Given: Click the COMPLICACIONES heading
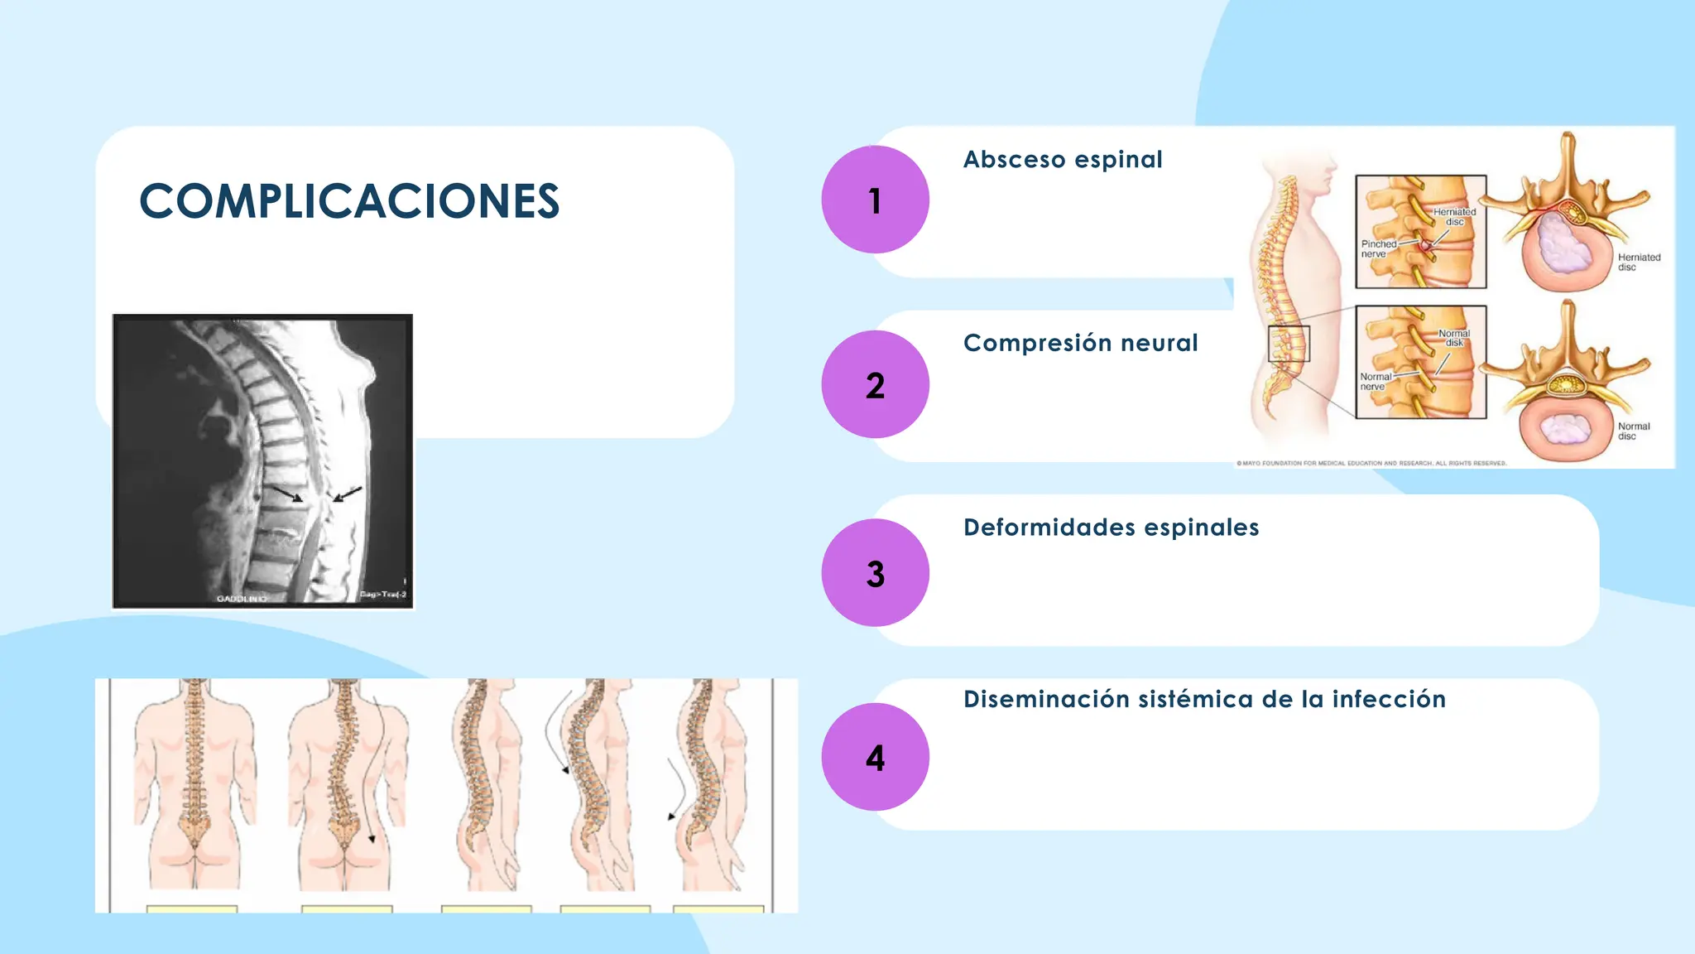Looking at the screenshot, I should point(349,201).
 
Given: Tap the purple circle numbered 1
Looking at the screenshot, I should point(875,200).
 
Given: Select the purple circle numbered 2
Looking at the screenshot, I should point(875,384).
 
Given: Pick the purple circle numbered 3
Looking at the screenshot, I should point(875,572).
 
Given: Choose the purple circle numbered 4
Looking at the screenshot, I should point(875,757).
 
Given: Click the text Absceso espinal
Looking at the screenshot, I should point(1063,159).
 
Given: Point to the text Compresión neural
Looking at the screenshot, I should point(1080,343).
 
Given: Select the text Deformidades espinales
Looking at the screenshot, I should point(1111,528).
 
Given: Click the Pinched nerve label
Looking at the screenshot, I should point(1378,249).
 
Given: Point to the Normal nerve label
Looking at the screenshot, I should point(1376,382).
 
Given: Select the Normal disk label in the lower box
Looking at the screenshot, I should point(1453,338).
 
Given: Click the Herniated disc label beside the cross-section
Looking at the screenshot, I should point(1639,262).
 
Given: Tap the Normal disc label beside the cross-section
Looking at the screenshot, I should point(1633,431).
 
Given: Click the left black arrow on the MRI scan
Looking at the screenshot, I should point(288,494).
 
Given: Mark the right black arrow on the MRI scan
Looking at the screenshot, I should point(348,494).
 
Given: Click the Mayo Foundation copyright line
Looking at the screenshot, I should point(1371,463).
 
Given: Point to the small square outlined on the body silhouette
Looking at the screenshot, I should point(1289,344).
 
